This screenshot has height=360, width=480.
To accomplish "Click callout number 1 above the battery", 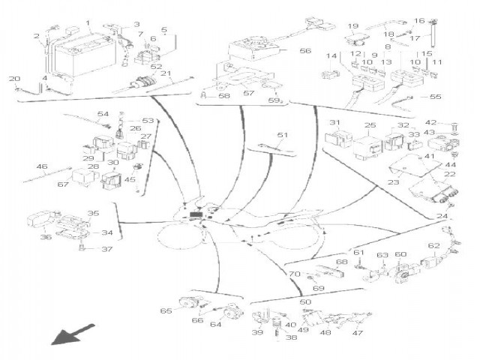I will pos(89,23).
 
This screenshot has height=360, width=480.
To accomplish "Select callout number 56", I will pos(305,51).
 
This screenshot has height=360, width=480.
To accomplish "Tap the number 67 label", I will pos(63,184).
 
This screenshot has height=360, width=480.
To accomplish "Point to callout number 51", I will pos(282,135).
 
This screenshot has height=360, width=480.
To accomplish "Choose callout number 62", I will pos(433,246).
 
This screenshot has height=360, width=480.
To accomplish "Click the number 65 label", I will pos(166,310).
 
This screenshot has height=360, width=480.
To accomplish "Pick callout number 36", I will pos(46,237).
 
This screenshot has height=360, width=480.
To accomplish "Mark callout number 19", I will pos(352,26).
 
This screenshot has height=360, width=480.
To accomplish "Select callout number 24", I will pos(442,216).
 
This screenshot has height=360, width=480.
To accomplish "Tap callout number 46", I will pos(42,166).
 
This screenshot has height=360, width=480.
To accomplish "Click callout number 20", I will pos(14,79).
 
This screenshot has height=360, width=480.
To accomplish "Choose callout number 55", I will pos(436,97).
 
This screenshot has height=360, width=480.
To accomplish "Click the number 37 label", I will pos(106,250).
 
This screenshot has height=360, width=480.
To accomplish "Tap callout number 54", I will pos(103,113).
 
